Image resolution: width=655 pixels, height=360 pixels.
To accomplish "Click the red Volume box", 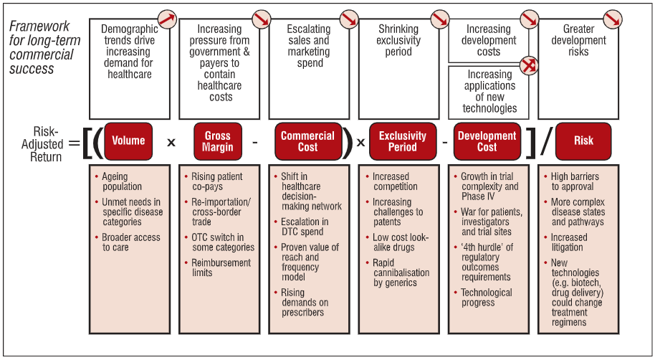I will (x=128, y=141).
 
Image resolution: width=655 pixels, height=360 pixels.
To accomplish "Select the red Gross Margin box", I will (x=218, y=141).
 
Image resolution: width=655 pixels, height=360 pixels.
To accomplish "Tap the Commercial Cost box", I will (x=307, y=141).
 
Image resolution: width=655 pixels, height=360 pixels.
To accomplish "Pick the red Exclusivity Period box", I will (x=402, y=141).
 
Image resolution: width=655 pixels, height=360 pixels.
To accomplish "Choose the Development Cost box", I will (x=487, y=141).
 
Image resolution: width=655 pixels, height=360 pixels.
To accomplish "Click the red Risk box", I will (x=583, y=141).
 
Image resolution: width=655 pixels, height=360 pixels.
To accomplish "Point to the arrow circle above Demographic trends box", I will (x=168, y=19).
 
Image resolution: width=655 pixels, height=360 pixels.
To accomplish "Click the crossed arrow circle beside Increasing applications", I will (x=529, y=66).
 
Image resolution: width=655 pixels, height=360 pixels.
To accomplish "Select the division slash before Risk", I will (x=546, y=141).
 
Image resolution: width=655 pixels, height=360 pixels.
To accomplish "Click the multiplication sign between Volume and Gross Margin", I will (x=171, y=142).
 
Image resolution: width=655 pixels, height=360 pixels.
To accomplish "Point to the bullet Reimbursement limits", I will (x=220, y=267).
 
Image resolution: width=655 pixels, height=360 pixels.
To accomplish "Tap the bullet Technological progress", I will (x=486, y=298).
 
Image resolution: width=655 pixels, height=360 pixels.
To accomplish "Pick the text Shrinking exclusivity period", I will (x=398, y=40).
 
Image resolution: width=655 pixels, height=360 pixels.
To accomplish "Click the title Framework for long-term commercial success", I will (x=44, y=47).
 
